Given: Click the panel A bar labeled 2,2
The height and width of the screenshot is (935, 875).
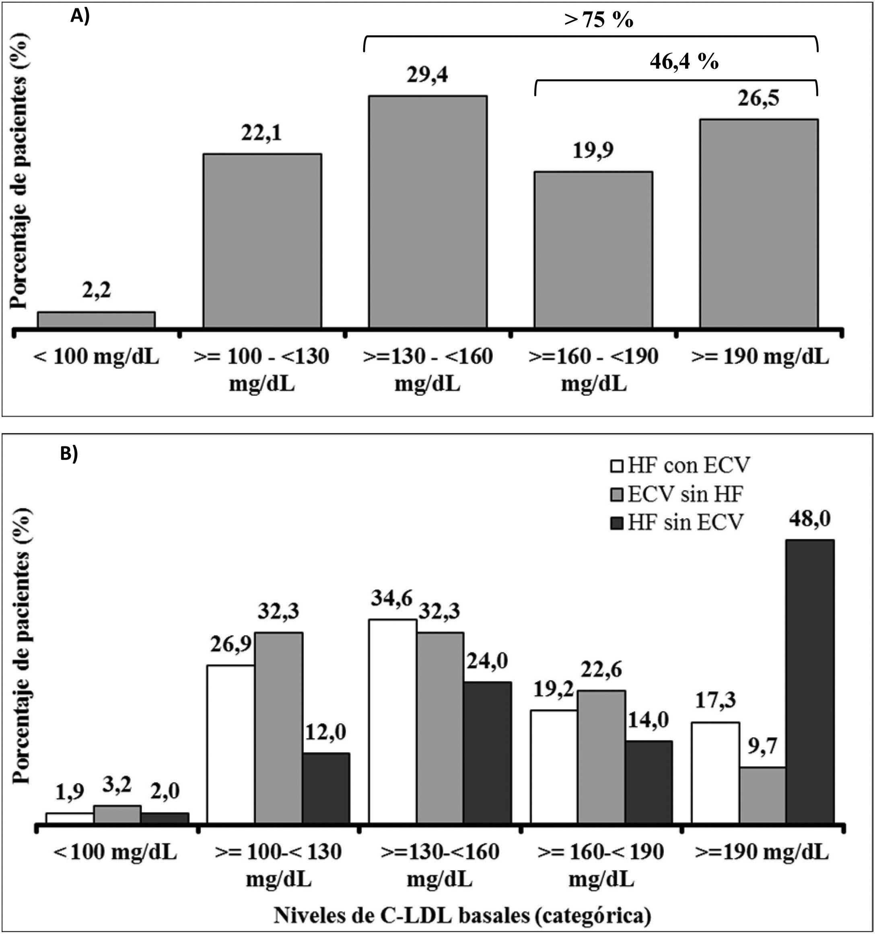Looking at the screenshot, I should (97, 319).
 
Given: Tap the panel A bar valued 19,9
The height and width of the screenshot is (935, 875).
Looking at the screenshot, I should (593, 249).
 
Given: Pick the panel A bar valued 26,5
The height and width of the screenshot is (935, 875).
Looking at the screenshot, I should (758, 223).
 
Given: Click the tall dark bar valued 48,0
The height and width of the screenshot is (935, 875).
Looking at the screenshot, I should (810, 682).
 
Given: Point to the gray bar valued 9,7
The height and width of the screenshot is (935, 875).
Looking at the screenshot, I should (762, 795).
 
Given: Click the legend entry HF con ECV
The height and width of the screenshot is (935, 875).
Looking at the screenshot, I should (680, 466).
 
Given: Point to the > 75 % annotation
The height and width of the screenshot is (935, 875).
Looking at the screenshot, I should (598, 20).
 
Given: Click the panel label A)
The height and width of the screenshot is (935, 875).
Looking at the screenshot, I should (80, 17).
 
